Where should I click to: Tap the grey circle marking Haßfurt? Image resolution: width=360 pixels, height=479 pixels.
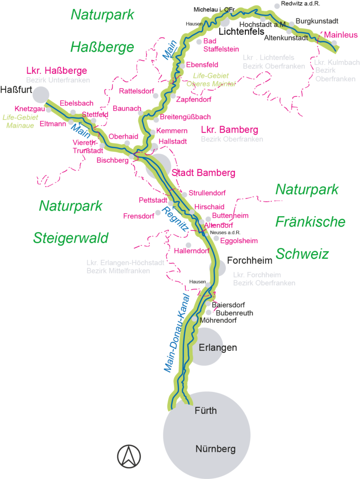point(41,94)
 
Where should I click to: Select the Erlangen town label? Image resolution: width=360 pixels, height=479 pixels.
point(217,348)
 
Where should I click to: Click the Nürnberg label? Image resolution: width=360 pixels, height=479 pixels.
point(215,450)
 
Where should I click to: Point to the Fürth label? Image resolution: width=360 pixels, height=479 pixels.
point(206,411)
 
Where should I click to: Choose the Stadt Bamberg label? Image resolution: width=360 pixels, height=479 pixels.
point(203,173)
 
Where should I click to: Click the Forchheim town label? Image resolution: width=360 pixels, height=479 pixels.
point(245,260)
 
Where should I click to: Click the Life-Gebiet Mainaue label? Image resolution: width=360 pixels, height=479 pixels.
point(20,121)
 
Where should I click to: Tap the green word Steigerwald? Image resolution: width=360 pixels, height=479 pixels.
point(71,238)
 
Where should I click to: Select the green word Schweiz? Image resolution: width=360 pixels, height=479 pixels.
point(302,254)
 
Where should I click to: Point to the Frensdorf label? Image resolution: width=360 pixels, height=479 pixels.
point(139,216)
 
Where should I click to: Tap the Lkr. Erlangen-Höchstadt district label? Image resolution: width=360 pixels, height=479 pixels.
point(125,267)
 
